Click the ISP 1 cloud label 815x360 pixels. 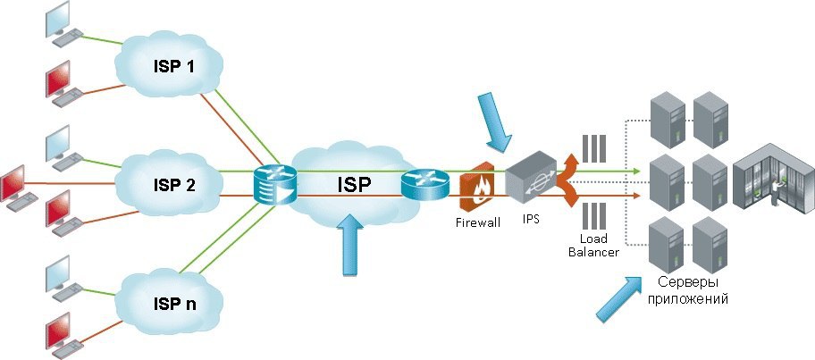[x=173, y=66]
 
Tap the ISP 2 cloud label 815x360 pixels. [x=174, y=185]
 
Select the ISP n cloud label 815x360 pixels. [x=175, y=304]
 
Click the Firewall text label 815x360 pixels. [x=478, y=222]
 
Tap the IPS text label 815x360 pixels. [x=531, y=219]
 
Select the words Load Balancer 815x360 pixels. [x=593, y=246]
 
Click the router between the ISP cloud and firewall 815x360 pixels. [x=424, y=184]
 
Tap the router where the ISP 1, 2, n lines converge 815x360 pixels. [x=274, y=184]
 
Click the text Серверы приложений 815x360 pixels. [x=688, y=291]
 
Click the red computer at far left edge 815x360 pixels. [x=19, y=188]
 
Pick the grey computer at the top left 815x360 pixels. [x=64, y=24]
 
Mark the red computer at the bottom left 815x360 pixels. [x=64, y=336]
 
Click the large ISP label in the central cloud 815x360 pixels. [x=354, y=185]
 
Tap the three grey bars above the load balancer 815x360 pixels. [x=594, y=148]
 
